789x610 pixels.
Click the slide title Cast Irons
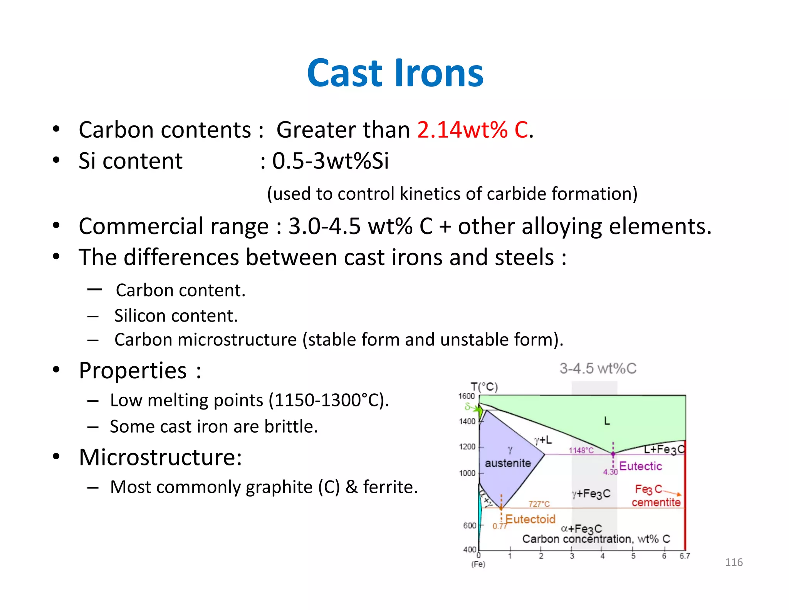395,73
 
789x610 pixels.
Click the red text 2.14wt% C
472,130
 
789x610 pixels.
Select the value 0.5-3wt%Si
330,161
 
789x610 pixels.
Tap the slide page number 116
734,562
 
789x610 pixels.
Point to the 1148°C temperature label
581,450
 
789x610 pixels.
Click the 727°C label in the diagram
539,504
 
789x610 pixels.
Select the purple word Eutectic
640,466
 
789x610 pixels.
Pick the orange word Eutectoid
530,519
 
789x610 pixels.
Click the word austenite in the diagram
508,463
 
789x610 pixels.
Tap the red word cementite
656,502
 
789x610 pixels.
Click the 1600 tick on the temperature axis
466,396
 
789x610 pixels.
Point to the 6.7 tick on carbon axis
685,556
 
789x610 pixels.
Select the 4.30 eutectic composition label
610,472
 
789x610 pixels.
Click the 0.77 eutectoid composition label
499,526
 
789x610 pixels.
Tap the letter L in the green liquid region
607,421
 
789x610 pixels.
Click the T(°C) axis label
484,386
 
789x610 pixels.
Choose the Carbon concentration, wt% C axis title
596,539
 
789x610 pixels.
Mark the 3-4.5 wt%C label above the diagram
598,369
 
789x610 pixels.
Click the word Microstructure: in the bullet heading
160,457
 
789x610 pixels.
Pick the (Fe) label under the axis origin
478,564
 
